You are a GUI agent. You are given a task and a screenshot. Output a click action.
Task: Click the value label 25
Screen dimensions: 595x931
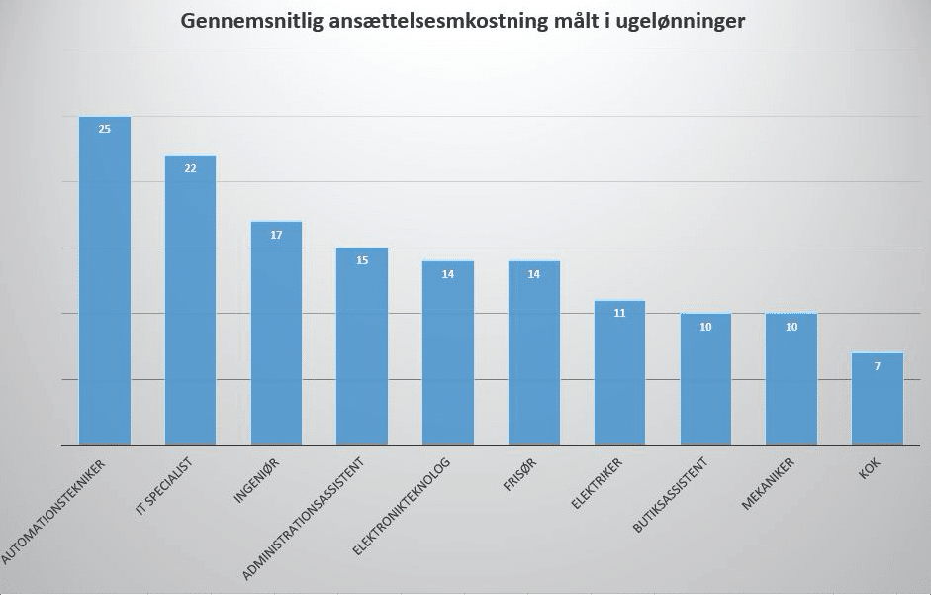[x=105, y=129]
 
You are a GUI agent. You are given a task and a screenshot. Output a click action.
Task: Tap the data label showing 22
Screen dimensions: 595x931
[x=190, y=168]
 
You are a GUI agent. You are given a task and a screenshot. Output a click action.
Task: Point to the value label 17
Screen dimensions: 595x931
[x=276, y=235]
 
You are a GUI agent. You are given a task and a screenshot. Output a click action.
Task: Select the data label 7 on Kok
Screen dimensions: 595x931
[x=878, y=366]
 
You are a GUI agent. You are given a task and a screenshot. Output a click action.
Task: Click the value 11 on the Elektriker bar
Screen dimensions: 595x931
[x=620, y=313]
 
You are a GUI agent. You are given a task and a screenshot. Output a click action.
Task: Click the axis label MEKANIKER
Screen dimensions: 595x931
[x=770, y=484]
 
